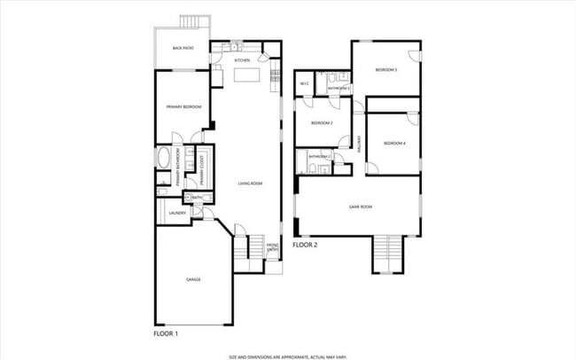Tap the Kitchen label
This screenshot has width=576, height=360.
242,60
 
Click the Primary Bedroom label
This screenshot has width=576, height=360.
184,107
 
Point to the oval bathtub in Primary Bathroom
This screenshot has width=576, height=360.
164,160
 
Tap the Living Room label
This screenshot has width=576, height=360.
250,184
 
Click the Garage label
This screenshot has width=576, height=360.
193,279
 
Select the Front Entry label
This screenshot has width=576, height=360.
273,248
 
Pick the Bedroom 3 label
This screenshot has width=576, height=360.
385,69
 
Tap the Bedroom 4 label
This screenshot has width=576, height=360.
393,143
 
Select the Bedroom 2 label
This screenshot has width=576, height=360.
322,123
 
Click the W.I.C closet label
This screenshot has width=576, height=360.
304,84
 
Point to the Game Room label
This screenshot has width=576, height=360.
360,207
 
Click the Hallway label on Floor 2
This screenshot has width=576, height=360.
360,145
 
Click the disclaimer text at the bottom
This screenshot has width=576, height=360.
287,356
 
